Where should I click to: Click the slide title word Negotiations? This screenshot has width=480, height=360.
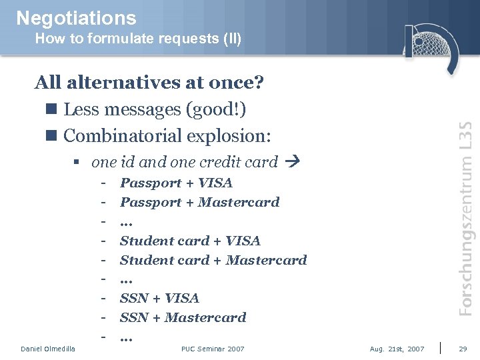tap(76, 18)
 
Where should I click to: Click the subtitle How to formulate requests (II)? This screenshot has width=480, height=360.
tap(138, 39)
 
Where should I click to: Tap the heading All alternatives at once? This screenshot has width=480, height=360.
tap(149, 83)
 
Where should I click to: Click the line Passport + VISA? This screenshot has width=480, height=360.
tap(176, 183)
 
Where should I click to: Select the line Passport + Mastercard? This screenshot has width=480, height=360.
tap(199, 202)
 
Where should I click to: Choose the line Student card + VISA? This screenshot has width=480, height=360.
tap(190, 241)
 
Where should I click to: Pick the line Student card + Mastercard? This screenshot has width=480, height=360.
tap(213, 260)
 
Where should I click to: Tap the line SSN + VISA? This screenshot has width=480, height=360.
tap(159, 298)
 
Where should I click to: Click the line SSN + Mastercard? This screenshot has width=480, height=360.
tap(183, 317)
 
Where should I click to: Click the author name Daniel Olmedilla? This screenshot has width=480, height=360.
tap(48, 349)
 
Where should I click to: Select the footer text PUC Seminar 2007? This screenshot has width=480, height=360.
tap(213, 349)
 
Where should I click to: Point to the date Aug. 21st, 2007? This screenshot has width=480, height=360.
tap(397, 349)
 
